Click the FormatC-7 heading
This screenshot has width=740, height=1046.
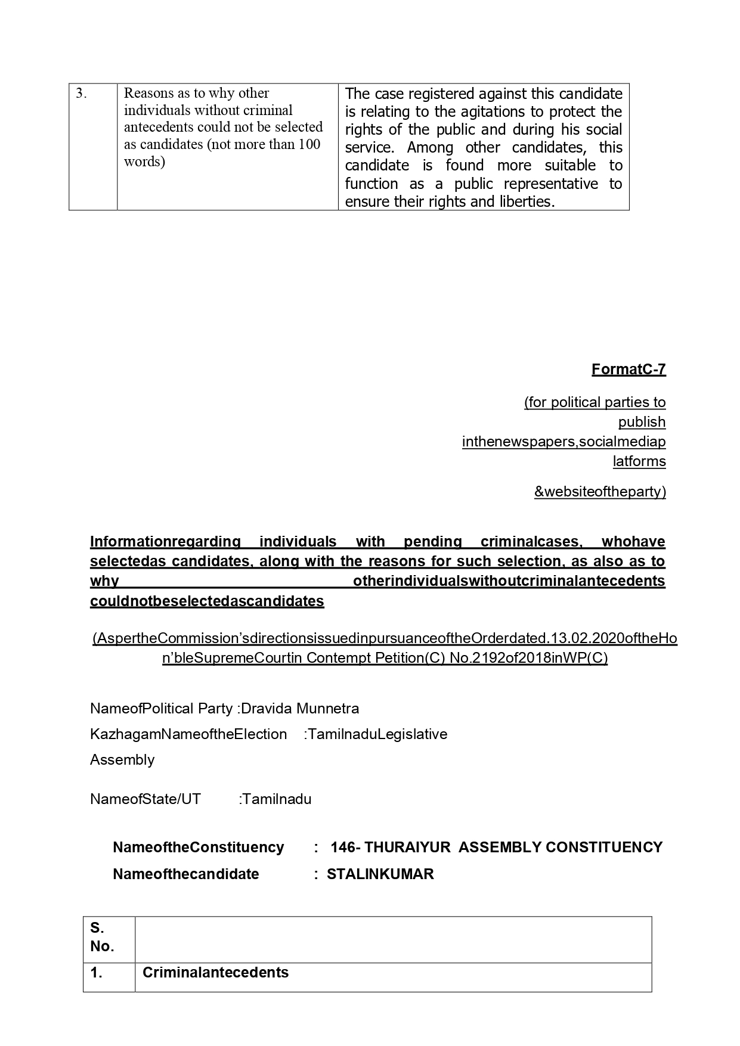click(628, 370)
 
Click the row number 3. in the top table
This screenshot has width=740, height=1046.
click(81, 94)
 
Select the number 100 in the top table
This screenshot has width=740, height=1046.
click(309, 144)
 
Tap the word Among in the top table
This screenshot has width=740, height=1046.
click(429, 147)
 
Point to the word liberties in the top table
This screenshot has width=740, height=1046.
click(527, 201)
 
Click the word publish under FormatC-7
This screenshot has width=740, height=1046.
click(642, 422)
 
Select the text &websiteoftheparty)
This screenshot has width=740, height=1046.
click(600, 492)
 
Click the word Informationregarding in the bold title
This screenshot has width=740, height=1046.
click(165, 542)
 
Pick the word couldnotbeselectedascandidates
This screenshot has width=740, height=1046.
click(207, 601)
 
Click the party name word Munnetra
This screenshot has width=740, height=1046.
click(327, 709)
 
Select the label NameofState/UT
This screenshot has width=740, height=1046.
click(145, 799)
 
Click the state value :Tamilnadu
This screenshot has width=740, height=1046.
click(275, 799)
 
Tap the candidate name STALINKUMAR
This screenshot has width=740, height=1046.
click(380, 874)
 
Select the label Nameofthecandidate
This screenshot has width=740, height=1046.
click(186, 874)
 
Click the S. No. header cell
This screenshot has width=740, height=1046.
click(102, 937)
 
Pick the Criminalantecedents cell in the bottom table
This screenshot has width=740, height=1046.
click(215, 973)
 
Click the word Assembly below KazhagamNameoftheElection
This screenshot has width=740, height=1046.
click(122, 760)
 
